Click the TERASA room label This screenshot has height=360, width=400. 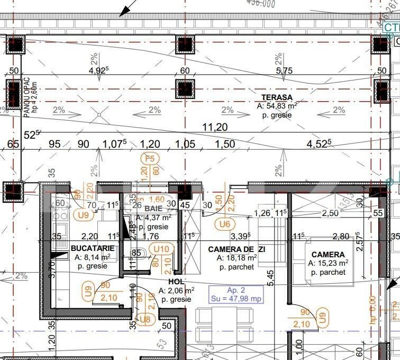(x=277, y=97)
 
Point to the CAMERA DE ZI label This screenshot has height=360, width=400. (x=237, y=249)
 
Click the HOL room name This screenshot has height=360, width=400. (x=176, y=282)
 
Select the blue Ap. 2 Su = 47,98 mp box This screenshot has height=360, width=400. (x=237, y=294)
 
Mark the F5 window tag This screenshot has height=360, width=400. (x=150, y=158)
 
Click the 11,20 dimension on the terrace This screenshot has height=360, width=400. (x=215, y=127)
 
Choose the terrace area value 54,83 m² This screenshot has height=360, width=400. (x=277, y=106)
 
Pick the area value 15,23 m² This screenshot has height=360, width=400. (x=328, y=263)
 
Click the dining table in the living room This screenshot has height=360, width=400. (x=222, y=323)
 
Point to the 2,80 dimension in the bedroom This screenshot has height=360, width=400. (x=341, y=237)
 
